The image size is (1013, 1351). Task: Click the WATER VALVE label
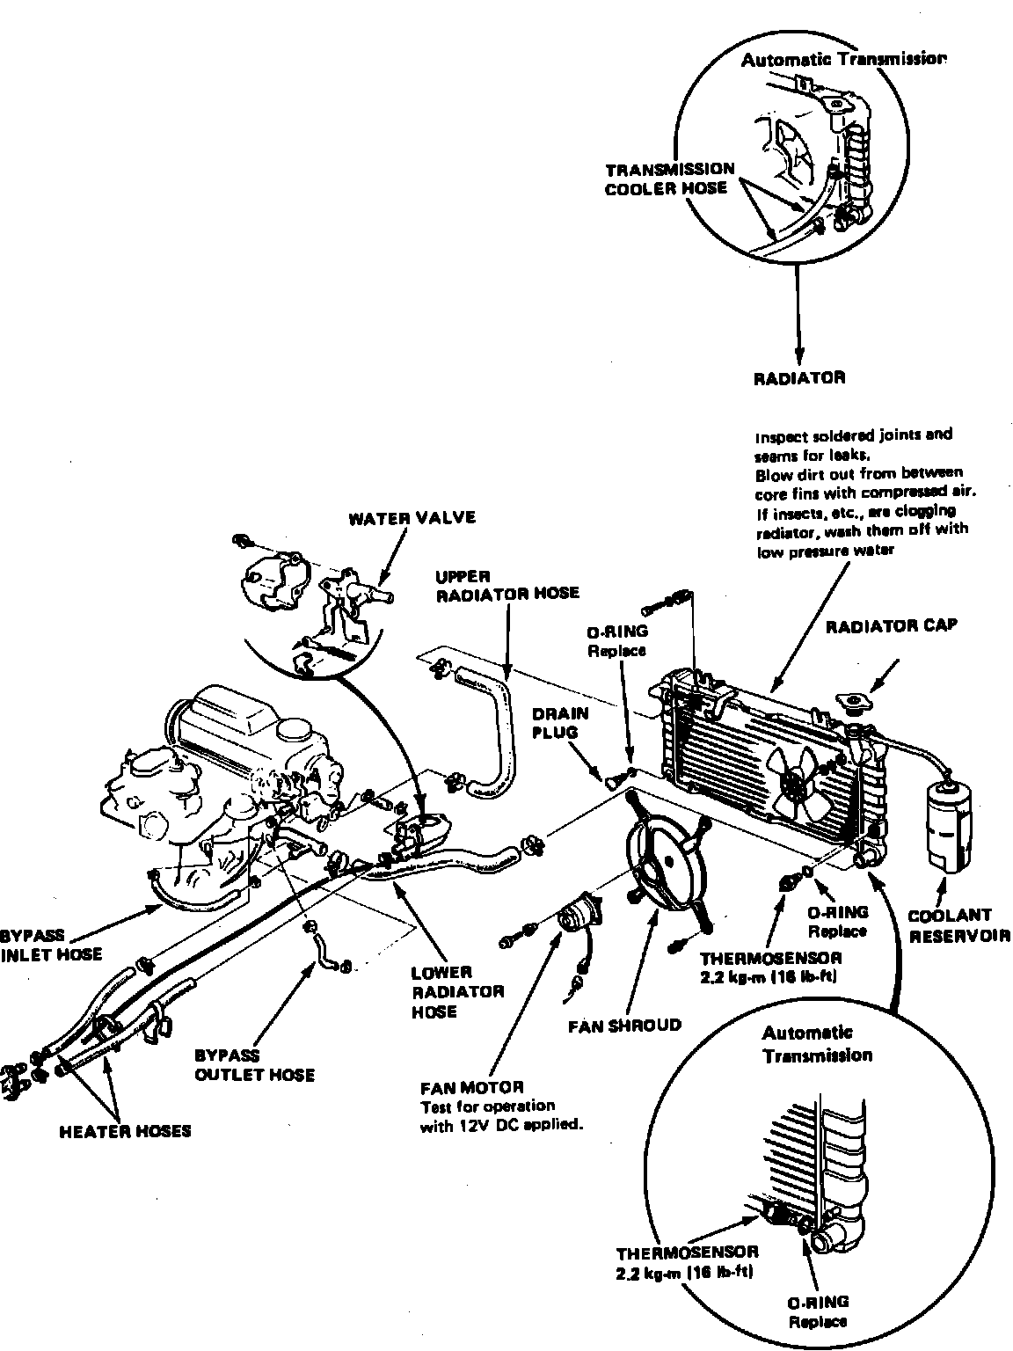(x=412, y=517)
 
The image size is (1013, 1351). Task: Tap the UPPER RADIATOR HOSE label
(x=507, y=585)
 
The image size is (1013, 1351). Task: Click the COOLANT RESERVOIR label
(x=958, y=925)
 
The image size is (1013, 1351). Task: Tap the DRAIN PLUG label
(x=559, y=722)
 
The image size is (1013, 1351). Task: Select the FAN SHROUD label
(x=624, y=1025)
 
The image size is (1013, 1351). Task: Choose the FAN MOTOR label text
(x=472, y=1087)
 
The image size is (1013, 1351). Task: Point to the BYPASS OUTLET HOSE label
(x=254, y=1064)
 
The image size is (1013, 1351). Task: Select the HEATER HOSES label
(x=125, y=1131)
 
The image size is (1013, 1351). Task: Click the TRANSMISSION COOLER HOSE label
(x=669, y=178)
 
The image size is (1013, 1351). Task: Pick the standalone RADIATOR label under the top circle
(x=799, y=378)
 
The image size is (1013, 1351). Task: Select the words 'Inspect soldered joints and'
(x=853, y=435)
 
